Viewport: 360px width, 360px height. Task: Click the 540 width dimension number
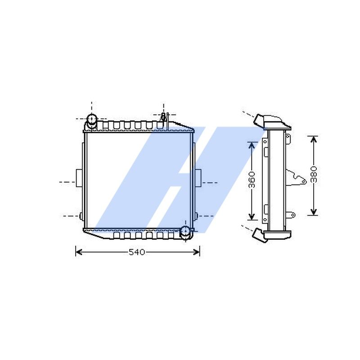point(137,252)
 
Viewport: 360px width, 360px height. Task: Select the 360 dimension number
point(252,180)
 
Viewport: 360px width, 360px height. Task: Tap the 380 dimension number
point(314,175)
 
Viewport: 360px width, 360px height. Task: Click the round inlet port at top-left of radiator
point(92,119)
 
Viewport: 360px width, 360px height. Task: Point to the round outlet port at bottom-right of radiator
point(185,231)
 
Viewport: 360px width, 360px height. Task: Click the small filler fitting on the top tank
point(164,116)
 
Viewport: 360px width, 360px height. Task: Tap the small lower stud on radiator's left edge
point(81,216)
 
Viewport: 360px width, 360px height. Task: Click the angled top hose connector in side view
point(260,120)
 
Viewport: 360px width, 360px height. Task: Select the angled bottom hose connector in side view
point(259,234)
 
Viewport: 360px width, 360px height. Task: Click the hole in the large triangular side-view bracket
point(303,181)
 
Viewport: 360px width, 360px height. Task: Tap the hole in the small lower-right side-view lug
point(293,215)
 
